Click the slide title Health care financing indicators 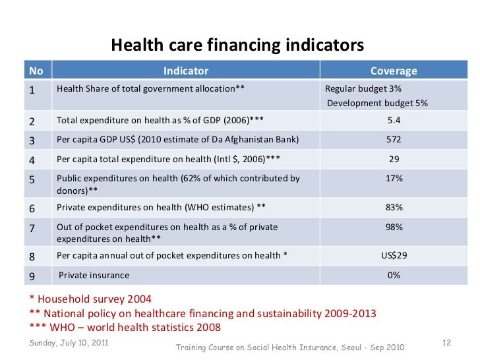point(237,45)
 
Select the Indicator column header point(185,71)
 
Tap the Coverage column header point(394,71)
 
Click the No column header point(36,71)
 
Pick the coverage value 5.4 point(394,120)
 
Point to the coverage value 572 point(394,140)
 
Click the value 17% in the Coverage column point(394,179)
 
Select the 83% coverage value point(394,207)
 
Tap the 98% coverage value point(394,227)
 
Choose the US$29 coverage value point(394,255)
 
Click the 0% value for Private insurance point(394,275)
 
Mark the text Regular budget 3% point(363,89)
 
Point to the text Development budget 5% point(378,104)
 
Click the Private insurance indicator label point(94,275)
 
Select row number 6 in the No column point(33,208)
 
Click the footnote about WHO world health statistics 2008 point(125,328)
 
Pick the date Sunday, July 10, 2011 point(69,344)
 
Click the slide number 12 point(445,344)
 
